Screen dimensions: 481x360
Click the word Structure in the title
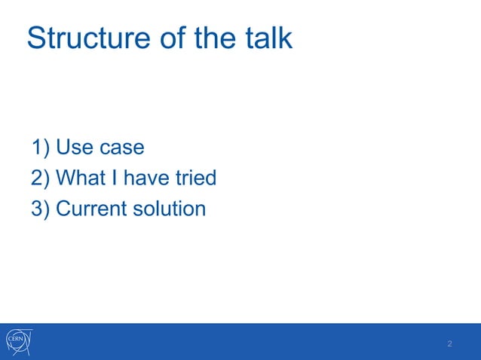coord(89,38)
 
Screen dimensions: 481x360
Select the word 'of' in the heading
coord(173,38)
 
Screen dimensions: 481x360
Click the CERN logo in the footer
coord(19,341)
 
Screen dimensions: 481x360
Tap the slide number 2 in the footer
coord(449,343)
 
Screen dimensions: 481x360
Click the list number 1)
coord(41,148)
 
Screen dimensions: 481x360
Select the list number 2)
coord(40,178)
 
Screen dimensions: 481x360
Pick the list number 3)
coord(40,209)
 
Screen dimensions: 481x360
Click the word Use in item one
coord(75,147)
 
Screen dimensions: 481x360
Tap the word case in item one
coord(122,149)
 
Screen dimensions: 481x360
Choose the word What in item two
coord(81,178)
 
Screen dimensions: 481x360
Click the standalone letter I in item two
coord(115,178)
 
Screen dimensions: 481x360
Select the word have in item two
coord(146,178)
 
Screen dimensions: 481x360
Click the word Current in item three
coord(91,209)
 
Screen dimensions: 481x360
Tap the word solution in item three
coord(170,209)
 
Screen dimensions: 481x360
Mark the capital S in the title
coord(36,38)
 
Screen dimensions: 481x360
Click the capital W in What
coord(67,178)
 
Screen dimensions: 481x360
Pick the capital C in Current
coord(64,209)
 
